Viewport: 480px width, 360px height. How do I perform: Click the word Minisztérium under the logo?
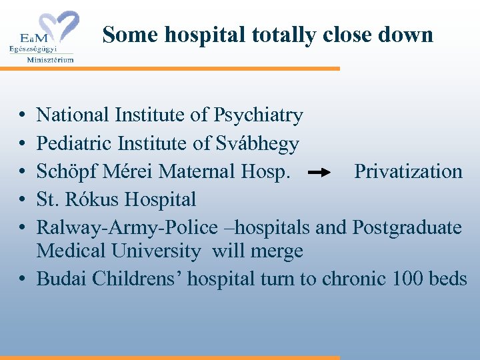50,59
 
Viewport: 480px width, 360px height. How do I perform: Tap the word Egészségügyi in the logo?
33,49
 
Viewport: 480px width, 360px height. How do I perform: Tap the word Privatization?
408,171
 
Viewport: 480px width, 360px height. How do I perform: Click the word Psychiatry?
258,115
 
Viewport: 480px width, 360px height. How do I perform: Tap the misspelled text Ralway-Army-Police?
127,227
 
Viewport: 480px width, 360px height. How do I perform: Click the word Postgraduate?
407,227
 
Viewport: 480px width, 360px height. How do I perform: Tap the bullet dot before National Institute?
23,116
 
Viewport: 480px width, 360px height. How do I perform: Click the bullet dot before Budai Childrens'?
23,279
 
